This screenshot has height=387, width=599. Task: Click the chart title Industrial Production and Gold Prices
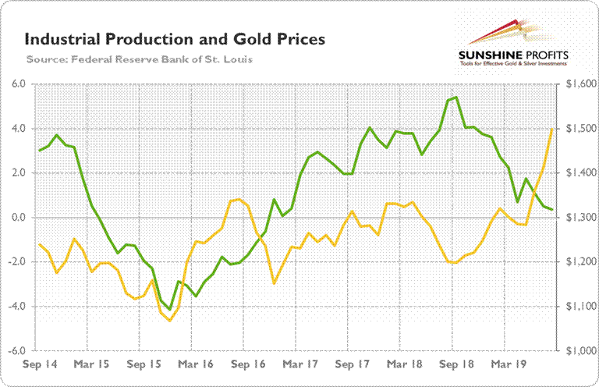click(x=175, y=38)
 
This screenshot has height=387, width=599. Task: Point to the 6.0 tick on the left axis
click(x=17, y=84)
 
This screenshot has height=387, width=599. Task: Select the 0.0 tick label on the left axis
click(x=17, y=218)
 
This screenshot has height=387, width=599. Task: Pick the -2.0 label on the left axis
click(x=16, y=262)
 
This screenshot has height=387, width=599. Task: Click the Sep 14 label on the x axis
click(x=39, y=364)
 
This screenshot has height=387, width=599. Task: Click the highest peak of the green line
click(x=455, y=98)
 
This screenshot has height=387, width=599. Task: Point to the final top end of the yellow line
click(x=552, y=130)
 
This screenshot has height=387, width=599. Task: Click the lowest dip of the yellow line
click(x=169, y=321)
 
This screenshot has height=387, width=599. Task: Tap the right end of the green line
click(x=552, y=209)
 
